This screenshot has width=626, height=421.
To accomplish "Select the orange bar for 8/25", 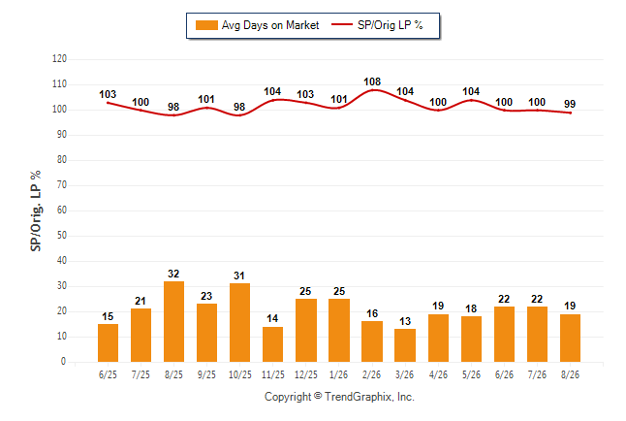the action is (173, 321).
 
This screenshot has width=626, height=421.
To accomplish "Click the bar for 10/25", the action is (239, 323).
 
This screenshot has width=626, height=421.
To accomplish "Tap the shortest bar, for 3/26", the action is (405, 345).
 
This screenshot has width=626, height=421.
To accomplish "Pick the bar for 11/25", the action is (272, 344).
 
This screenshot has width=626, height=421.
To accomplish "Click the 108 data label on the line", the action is (372, 81).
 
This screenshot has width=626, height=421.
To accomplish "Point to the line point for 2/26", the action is (372, 90).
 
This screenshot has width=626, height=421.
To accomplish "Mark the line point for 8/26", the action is (570, 113).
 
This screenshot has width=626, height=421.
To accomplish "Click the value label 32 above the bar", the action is (173, 274).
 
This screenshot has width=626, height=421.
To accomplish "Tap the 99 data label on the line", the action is (570, 104).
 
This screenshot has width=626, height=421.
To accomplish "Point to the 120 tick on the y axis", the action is (59, 59).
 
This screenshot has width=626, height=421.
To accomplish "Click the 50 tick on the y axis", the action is (62, 235).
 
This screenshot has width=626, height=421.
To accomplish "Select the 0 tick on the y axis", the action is (64, 362).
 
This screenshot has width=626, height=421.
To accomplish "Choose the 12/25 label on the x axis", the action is (306, 374).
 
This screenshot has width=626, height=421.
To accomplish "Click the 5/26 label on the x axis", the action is (471, 374).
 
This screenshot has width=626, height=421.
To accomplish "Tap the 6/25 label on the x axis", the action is (108, 374).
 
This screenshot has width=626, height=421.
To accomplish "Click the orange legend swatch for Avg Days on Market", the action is (206, 25).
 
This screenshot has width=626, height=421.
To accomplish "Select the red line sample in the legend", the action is (342, 25).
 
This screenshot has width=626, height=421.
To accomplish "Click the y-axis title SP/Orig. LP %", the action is (36, 210).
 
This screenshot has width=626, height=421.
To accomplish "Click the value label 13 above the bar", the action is (405, 321).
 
